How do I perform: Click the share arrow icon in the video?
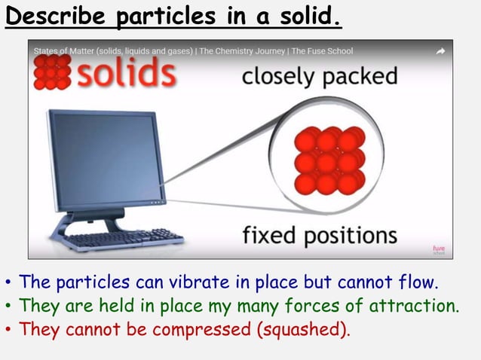click(x=440, y=51)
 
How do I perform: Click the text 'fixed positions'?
click(x=319, y=235)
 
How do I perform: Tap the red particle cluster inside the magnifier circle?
click(x=329, y=160)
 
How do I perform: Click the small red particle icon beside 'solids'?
click(x=51, y=72)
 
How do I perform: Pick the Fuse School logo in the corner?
click(x=439, y=249)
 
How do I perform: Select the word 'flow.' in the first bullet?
click(x=418, y=282)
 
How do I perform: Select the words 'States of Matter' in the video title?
click(x=66, y=51)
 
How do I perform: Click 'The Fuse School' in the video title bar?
click(x=322, y=51)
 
